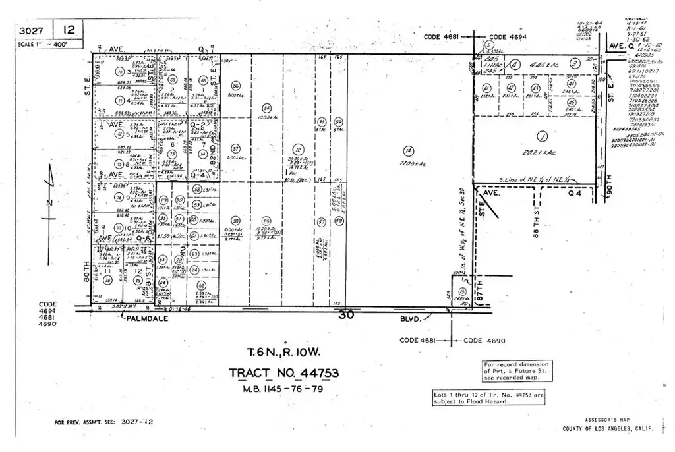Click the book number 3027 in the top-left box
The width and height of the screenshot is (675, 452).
pyautogui.click(x=31, y=30)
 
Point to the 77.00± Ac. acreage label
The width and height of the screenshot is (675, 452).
pyautogui.click(x=413, y=164)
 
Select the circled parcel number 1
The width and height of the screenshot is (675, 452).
pyautogui.click(x=543, y=137)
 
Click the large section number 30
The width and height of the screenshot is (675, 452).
pyautogui.click(x=347, y=316)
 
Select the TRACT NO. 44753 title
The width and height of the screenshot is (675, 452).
pyautogui.click(x=284, y=374)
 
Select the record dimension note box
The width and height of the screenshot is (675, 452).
pyautogui.click(x=517, y=371)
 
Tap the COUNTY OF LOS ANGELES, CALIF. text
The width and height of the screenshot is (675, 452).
pyautogui.click(x=607, y=429)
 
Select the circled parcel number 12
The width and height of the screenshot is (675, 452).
pyautogui.click(x=299, y=149)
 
